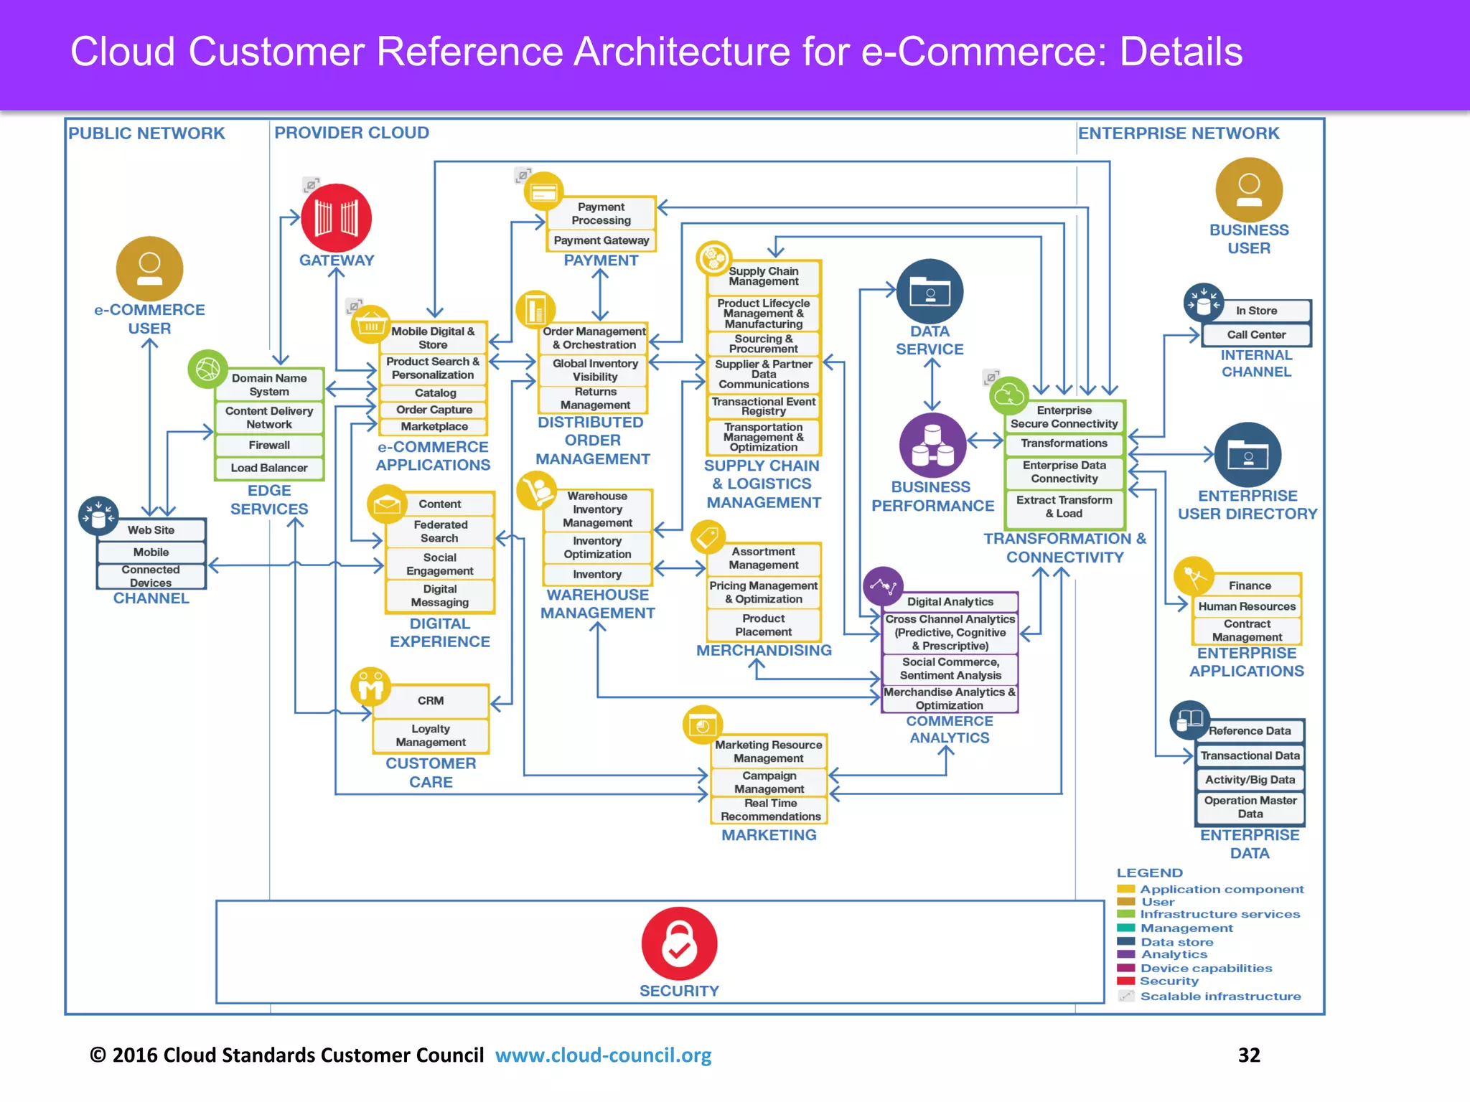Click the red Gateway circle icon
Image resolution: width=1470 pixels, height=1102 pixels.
336,218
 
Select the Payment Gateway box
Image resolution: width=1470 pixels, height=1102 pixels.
601,241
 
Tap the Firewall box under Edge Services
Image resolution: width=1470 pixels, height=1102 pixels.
269,446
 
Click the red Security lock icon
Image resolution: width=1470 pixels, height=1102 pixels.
679,943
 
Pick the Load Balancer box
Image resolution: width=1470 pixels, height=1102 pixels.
269,468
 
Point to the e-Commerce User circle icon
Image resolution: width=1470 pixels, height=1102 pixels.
149,268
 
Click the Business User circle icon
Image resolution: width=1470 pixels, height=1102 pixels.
1248,189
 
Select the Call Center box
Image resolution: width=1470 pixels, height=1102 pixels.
1256,335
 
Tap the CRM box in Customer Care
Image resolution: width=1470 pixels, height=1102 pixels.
431,701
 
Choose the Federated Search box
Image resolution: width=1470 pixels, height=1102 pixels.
440,532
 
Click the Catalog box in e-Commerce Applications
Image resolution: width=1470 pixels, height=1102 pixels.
435,393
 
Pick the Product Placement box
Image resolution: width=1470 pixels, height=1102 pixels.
763,625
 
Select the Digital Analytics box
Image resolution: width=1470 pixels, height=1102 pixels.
950,602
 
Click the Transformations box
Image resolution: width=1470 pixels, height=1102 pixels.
1064,443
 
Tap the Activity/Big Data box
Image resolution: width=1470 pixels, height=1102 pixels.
1250,780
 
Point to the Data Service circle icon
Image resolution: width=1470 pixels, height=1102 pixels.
930,291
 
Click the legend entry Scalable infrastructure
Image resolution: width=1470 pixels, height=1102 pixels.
1220,997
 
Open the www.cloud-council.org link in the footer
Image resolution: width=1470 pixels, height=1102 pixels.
603,1055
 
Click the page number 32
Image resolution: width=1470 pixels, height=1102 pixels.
1249,1055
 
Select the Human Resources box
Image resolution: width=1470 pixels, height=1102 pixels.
1247,607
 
